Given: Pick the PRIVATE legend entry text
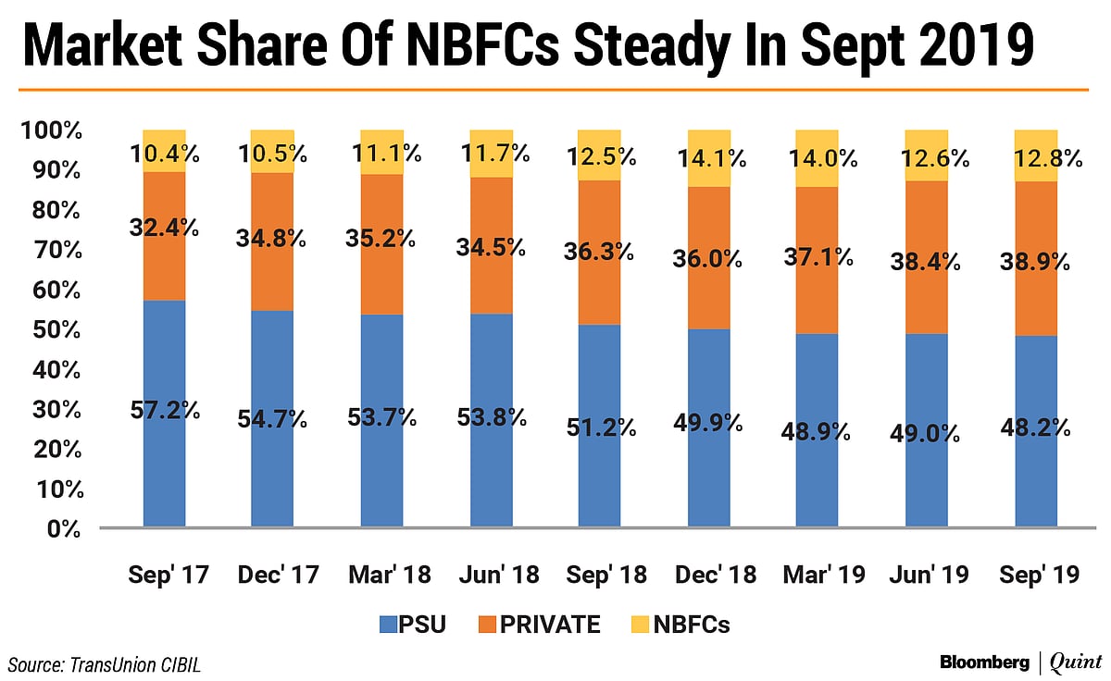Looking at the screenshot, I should click(x=550, y=625).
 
